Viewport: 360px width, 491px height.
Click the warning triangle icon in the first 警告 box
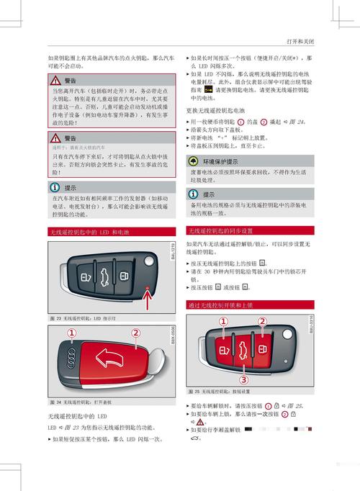(55, 81)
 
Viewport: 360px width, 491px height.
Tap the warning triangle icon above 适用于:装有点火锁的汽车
(55, 138)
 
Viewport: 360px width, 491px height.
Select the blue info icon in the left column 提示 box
(55, 186)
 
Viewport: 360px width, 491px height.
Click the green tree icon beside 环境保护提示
(194, 161)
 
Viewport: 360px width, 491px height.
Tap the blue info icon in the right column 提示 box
(194, 194)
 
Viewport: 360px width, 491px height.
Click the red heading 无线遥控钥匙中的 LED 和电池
(90, 232)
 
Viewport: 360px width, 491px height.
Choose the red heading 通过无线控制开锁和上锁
(220, 305)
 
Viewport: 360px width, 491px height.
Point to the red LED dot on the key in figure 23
(148, 288)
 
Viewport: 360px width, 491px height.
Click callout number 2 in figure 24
(135, 333)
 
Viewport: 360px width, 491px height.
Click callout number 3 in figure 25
(243, 379)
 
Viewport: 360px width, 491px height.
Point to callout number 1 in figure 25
(223, 321)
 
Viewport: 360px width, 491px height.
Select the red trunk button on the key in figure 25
(243, 351)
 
